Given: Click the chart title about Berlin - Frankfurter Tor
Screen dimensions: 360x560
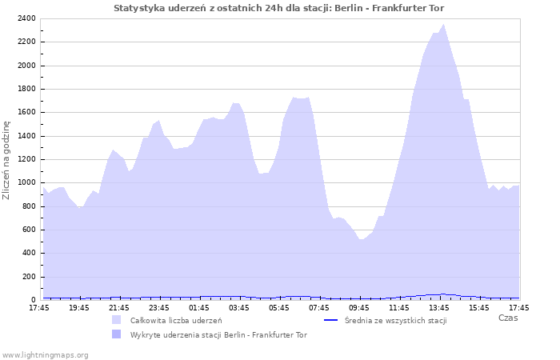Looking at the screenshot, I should tap(279, 8).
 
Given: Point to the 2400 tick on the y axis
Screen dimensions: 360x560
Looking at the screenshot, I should tap(25, 18).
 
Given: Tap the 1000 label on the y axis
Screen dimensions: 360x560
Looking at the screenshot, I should tap(25, 182).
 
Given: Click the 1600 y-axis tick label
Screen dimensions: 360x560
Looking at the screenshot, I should tap(25, 112).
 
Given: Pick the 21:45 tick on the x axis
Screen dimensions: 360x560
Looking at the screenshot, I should tap(119, 307).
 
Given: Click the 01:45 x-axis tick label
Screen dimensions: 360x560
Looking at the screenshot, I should tap(199, 307).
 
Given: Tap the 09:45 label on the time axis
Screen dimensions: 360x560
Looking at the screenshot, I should tap(359, 307).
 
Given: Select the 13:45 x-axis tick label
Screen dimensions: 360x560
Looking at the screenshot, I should tap(439, 307).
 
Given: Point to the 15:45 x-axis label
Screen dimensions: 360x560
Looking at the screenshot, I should tap(479, 307).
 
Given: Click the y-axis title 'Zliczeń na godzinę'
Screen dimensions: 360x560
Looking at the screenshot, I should tap(7, 160).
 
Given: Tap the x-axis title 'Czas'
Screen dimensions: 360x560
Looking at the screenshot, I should tap(507, 318).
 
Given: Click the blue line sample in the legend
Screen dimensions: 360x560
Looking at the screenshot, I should tap(331, 320).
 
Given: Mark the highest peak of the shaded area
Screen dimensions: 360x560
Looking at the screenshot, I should tap(444, 24).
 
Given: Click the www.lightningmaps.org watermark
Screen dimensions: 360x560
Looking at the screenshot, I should tap(45, 354).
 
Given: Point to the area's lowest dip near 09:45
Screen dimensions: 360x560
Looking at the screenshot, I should tap(362, 239).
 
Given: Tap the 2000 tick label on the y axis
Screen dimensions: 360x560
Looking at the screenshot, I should tap(25, 66).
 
